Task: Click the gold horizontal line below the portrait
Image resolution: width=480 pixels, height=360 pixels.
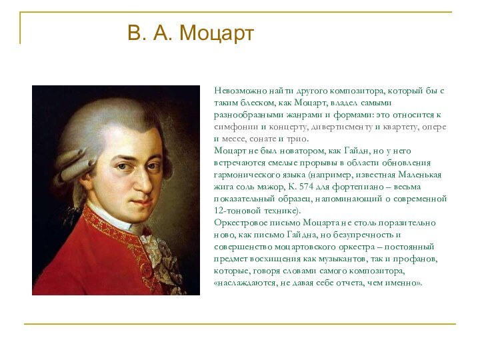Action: [x=240, y=325]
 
